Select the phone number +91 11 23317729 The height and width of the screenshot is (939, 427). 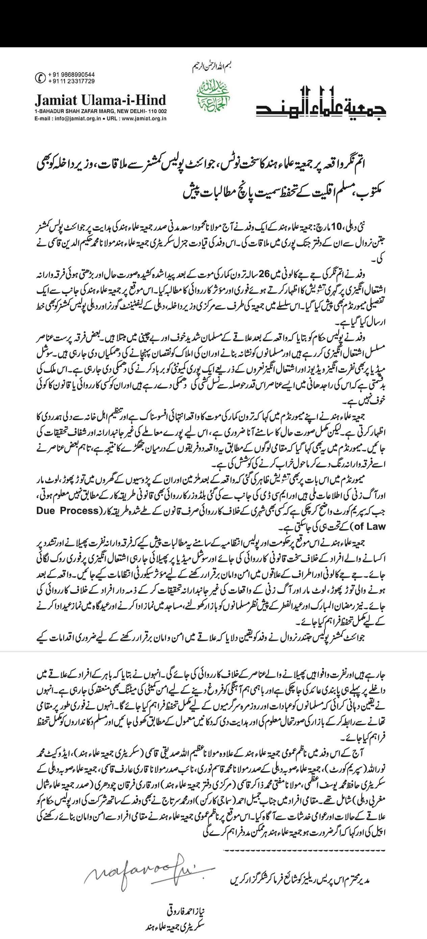(x=68, y=81)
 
